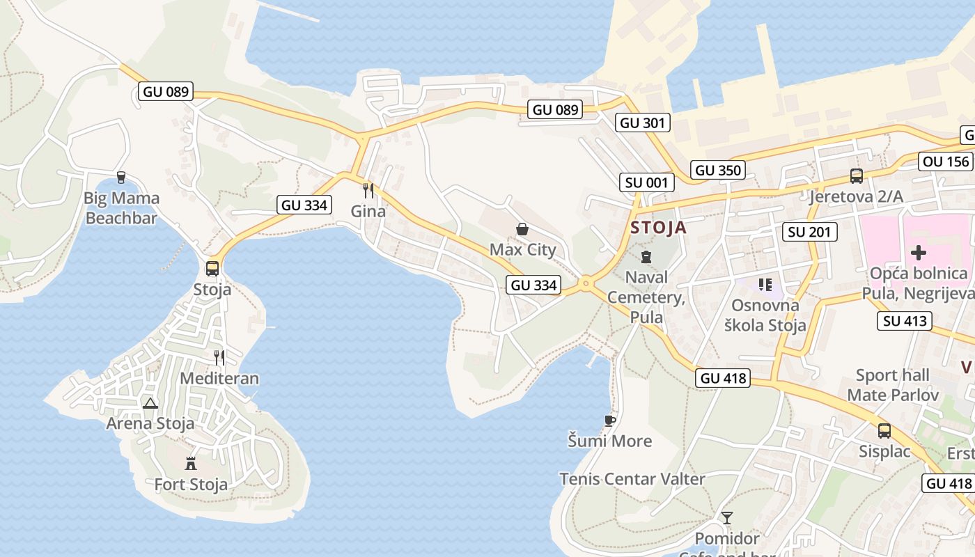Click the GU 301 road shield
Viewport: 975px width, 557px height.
[643, 123]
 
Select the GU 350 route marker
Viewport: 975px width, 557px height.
[718, 170]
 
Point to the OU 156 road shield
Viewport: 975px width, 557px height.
[945, 162]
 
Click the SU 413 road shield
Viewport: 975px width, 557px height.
[905, 321]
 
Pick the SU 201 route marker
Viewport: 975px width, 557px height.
[809, 232]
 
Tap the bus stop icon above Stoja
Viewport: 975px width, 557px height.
[212, 268]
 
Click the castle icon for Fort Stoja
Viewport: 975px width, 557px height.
[190, 463]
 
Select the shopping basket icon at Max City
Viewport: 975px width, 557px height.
[522, 229]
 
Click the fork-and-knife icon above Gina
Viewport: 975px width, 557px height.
[368, 190]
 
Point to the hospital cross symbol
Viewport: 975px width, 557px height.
[919, 253]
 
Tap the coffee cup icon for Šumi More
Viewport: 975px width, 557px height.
[610, 421]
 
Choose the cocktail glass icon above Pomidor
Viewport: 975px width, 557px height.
[727, 517]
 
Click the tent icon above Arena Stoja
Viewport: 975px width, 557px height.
[150, 403]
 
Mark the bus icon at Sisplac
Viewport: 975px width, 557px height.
[884, 431]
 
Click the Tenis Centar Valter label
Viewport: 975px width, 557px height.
[632, 479]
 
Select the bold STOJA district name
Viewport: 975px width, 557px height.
[658, 228]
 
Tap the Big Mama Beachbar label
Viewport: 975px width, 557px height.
[122, 207]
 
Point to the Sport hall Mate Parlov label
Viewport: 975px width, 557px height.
[892, 385]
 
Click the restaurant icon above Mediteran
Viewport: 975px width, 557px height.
[219, 358]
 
